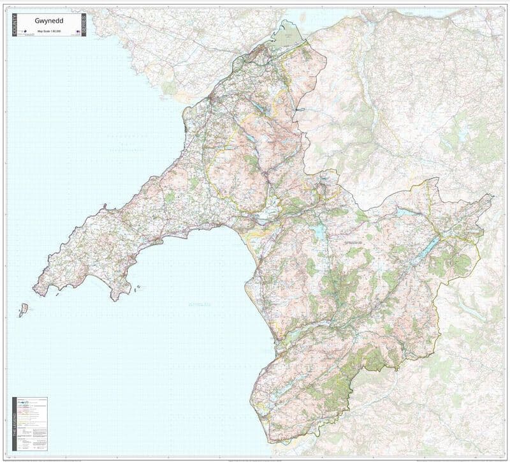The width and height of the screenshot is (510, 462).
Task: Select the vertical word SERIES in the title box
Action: click(x=82, y=24)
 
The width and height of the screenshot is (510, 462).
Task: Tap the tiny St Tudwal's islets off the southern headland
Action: click(x=137, y=288)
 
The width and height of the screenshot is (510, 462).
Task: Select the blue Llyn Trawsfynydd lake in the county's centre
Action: click(x=319, y=232)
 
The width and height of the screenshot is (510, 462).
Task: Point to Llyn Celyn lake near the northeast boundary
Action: click(x=404, y=211)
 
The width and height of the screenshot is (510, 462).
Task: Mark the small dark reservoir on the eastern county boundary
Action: click(x=297, y=110)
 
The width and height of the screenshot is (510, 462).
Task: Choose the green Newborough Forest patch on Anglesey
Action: click(x=168, y=86)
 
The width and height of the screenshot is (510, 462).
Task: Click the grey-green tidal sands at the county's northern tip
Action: click(x=286, y=36)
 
